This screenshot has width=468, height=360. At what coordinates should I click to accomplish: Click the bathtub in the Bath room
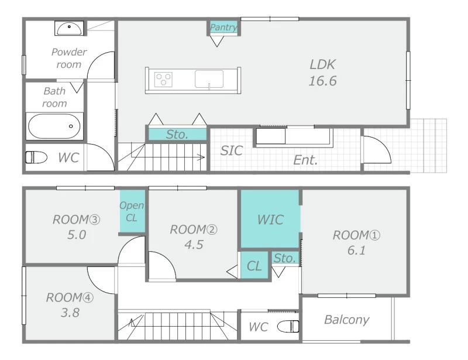(x=54, y=126)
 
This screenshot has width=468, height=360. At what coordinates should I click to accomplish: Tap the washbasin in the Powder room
(x=69, y=28)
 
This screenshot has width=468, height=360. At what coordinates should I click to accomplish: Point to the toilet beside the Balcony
(x=288, y=326)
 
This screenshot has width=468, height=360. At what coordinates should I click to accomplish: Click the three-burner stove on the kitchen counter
(x=163, y=80)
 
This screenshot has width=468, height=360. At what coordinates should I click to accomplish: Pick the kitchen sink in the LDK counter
(x=209, y=79)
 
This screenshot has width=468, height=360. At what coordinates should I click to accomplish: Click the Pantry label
(x=223, y=28)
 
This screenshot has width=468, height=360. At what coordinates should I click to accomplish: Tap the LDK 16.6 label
(x=323, y=73)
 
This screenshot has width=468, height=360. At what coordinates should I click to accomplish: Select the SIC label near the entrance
(x=231, y=150)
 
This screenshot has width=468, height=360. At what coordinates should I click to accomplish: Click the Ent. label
(x=305, y=160)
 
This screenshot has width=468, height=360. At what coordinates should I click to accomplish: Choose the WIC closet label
(x=270, y=220)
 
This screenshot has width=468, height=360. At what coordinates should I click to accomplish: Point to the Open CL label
(x=132, y=211)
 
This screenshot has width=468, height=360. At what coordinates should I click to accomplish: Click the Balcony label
(x=346, y=320)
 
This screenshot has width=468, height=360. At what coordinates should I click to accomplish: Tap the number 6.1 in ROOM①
(x=356, y=250)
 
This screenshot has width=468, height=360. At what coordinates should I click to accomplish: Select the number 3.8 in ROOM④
(x=70, y=313)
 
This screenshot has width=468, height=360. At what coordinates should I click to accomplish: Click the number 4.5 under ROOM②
(x=194, y=245)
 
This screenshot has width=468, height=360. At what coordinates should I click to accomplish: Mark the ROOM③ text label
(x=77, y=220)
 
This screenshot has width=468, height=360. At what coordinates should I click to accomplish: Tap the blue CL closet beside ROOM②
(x=254, y=266)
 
